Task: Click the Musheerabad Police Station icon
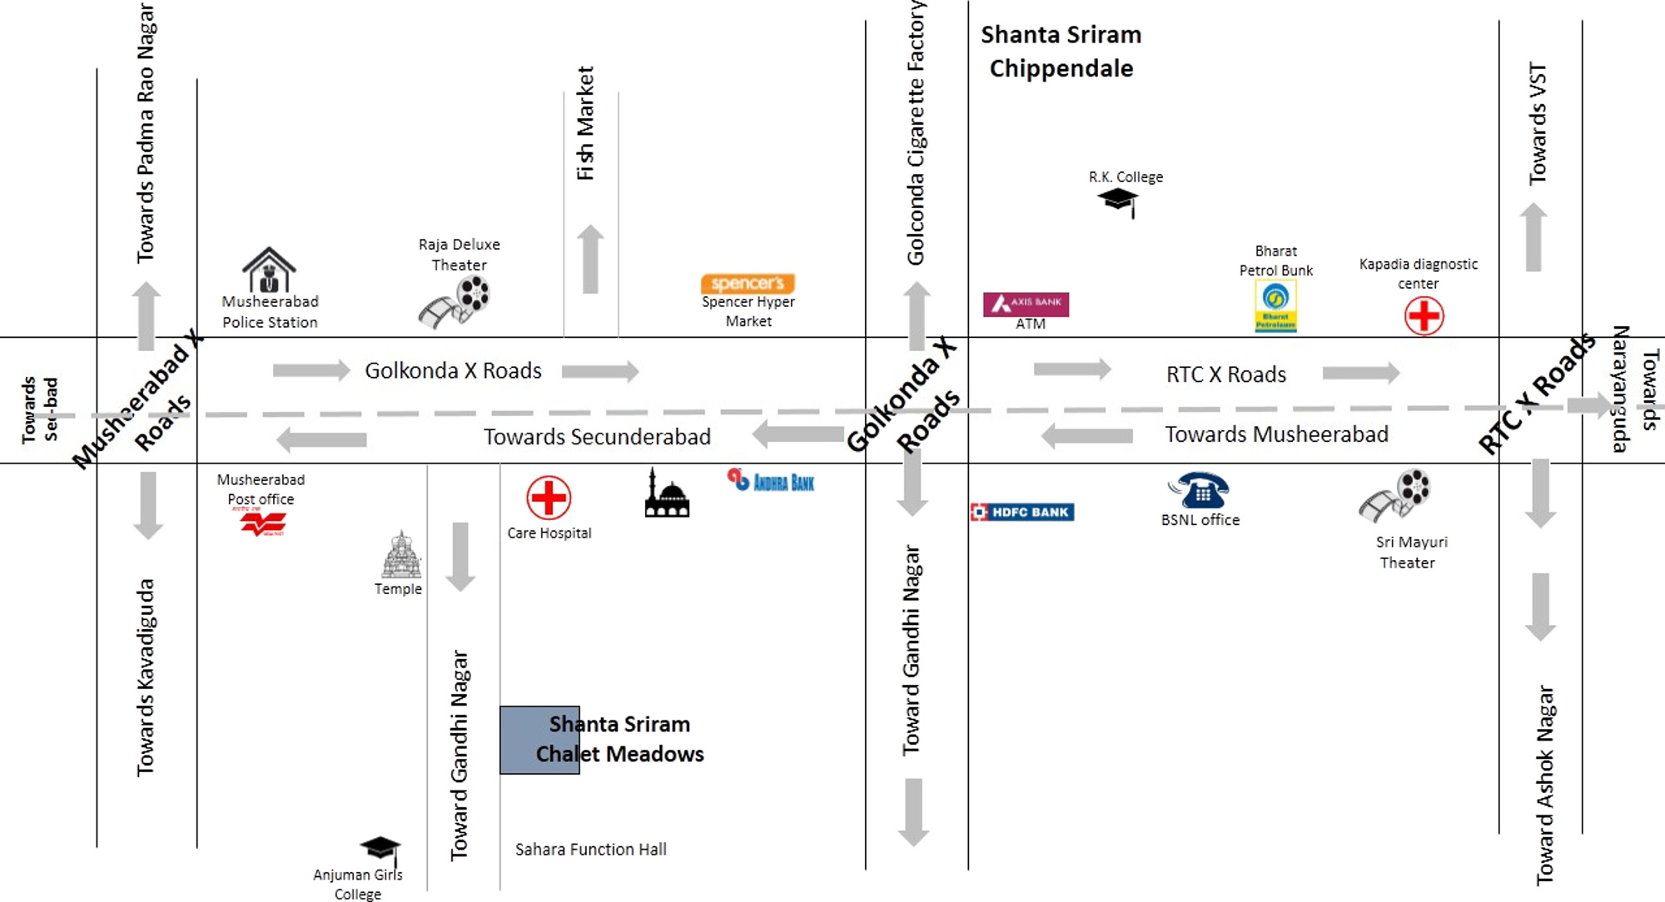coord(269,269)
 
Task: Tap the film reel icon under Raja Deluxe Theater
coord(455,302)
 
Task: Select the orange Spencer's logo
coord(748,284)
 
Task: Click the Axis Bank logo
coord(1026,305)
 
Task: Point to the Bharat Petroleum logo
coord(1275,305)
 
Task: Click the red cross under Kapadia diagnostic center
coord(1424,316)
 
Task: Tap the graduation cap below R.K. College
coord(1118,201)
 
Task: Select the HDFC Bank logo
coord(1022,512)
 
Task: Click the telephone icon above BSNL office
coord(1199,490)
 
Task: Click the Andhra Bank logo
coord(771,481)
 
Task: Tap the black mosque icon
coord(667,495)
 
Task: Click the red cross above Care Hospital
coord(549,498)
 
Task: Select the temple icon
coord(401,555)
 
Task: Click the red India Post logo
coord(263,523)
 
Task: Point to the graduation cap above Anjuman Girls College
coord(380,849)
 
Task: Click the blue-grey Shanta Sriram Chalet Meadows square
coord(539,740)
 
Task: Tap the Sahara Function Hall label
coord(590,850)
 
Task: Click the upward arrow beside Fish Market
coord(590,259)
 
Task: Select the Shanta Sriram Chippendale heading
coord(1061,52)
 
